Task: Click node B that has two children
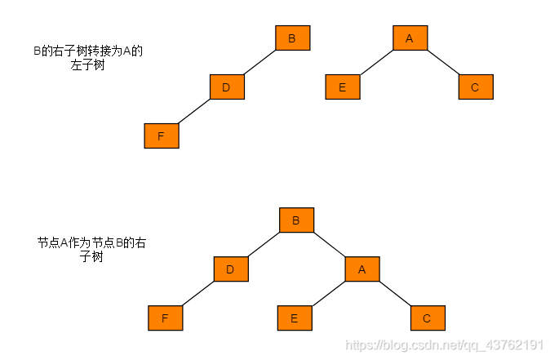coord(296,220)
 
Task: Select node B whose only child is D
coord(292,38)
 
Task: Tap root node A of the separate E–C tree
coord(410,38)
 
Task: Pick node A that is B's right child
coord(361,269)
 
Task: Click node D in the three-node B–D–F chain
coord(227,87)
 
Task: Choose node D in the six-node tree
coord(231,269)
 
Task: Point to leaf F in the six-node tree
coord(165,318)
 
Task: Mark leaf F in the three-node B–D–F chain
coord(161,136)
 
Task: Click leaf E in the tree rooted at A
coord(343,87)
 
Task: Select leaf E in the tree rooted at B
coord(295,318)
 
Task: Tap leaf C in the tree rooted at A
coord(476,87)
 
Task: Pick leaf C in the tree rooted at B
coord(427,318)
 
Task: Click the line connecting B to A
coord(329,245)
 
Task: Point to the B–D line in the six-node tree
coord(264,245)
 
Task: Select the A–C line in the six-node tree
coord(394,294)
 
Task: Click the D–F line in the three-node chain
coord(194,111)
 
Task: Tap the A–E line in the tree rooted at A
coord(376,62)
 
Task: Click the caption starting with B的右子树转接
coord(87,57)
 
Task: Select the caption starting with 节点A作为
coord(91,250)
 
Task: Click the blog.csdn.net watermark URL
coord(445,345)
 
